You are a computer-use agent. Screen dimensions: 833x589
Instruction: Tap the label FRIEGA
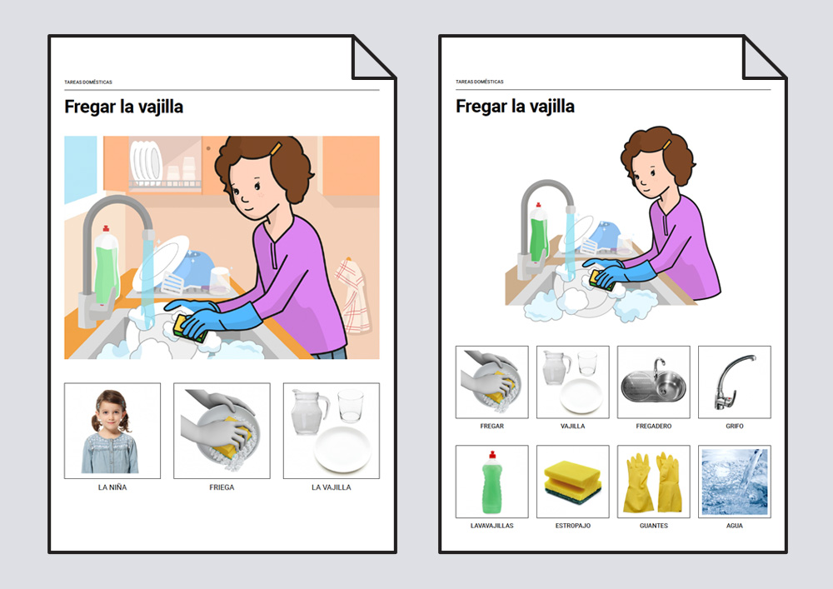click(x=222, y=487)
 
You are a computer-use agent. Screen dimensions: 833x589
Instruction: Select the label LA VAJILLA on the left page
click(x=331, y=487)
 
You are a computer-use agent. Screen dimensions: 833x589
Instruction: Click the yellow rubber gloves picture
click(x=653, y=482)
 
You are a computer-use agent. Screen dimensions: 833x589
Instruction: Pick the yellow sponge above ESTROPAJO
click(x=572, y=482)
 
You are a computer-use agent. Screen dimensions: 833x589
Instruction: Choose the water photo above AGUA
click(x=734, y=482)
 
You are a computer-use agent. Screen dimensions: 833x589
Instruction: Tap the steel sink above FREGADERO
click(x=653, y=383)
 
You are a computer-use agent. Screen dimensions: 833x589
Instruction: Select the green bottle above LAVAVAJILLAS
click(x=492, y=482)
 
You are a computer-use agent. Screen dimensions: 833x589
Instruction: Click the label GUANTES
click(x=653, y=526)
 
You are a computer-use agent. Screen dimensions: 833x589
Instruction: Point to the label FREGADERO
click(x=653, y=426)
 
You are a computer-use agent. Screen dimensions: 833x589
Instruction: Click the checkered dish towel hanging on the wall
click(x=352, y=295)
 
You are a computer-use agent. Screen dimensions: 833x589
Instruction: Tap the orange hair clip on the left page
click(x=275, y=149)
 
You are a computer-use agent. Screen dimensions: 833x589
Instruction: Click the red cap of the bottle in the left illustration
click(x=106, y=229)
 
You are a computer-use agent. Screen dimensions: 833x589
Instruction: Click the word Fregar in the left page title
click(x=90, y=107)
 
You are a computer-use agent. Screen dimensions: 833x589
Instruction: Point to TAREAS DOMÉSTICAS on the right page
click(x=479, y=82)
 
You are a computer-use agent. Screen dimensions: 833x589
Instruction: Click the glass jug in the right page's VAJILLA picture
click(x=556, y=367)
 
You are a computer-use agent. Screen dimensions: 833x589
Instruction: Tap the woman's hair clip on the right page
click(x=666, y=144)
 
